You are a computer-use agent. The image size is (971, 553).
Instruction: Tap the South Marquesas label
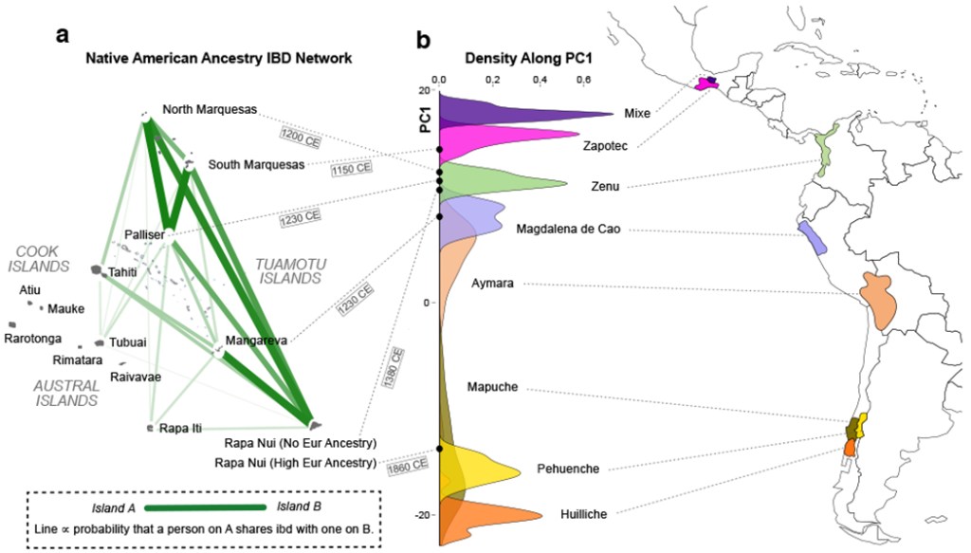(x=257, y=164)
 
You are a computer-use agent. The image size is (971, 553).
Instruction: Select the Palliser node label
(x=145, y=234)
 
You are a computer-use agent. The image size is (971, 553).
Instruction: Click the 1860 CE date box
(x=407, y=464)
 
